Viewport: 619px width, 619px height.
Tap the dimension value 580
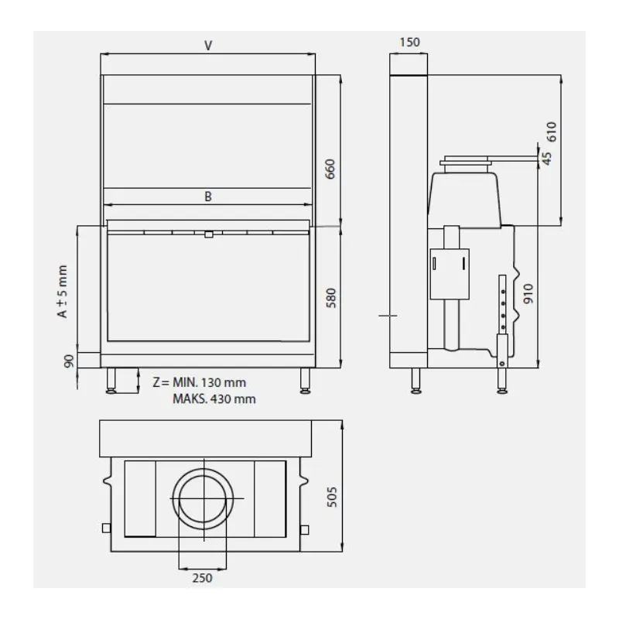331,298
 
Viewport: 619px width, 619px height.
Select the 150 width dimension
409,43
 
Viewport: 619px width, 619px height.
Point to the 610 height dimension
551,132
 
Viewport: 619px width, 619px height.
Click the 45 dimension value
547,159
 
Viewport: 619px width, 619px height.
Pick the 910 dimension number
528,293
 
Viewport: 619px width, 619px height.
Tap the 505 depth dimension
332,497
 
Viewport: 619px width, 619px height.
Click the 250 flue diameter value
203,577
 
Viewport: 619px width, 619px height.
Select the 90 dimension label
69,361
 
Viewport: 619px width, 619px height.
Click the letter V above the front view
208,46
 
